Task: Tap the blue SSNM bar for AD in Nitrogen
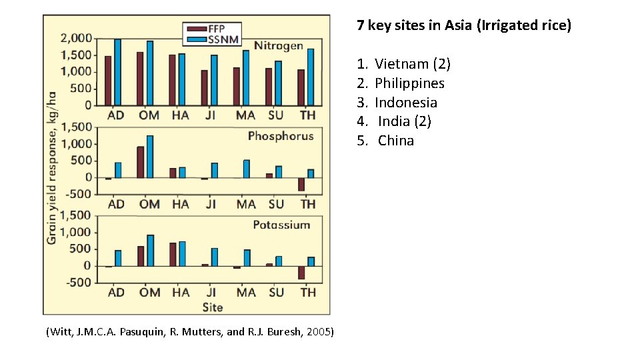click(117, 72)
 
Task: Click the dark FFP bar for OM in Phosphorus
click(141, 162)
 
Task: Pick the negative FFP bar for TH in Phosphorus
click(301, 185)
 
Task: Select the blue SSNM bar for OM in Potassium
click(150, 250)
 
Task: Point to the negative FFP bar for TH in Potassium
click(301, 273)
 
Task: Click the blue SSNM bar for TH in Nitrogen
click(311, 77)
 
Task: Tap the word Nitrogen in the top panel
click(279, 47)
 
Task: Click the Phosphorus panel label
click(280, 136)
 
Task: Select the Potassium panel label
click(281, 225)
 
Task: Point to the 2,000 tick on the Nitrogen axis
click(77, 39)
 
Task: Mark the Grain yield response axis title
click(52, 167)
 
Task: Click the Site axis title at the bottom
click(213, 307)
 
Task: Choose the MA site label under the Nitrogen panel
click(245, 115)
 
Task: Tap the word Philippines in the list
click(409, 83)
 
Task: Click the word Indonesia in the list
click(406, 103)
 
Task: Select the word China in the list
click(396, 141)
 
